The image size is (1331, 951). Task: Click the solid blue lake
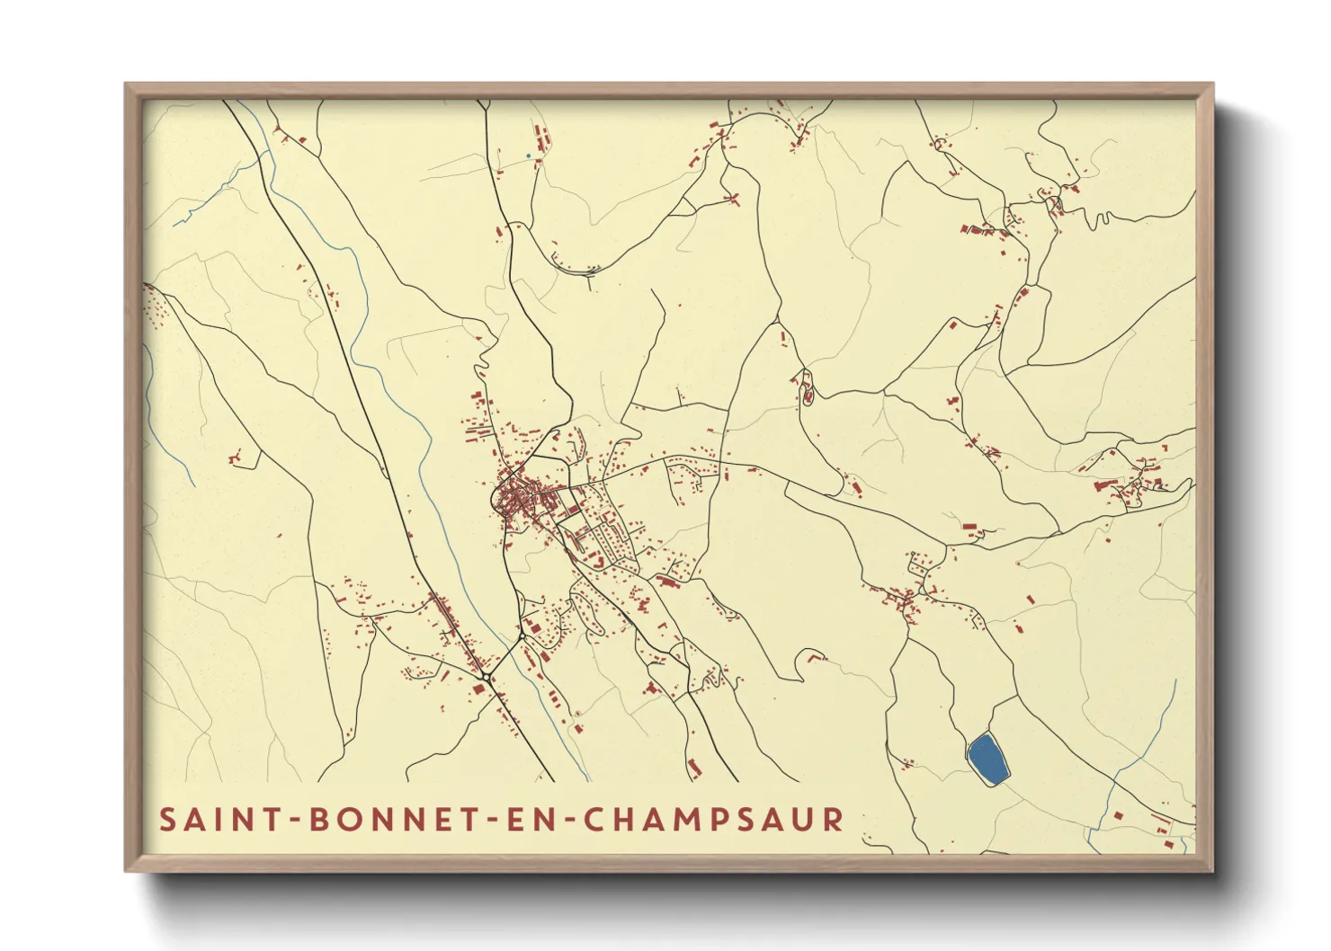pos(987,759)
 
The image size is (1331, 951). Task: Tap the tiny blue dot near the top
pos(528,156)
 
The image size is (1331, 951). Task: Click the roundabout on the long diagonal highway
pos(486,675)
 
